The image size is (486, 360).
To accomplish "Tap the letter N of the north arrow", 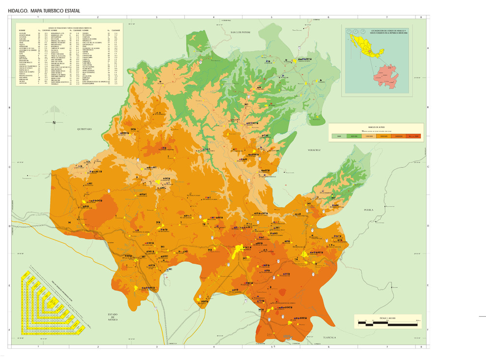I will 54,123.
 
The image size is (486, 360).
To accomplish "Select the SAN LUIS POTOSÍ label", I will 240,33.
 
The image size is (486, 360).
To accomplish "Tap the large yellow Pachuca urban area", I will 239,251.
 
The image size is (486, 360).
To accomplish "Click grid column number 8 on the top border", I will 421,18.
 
